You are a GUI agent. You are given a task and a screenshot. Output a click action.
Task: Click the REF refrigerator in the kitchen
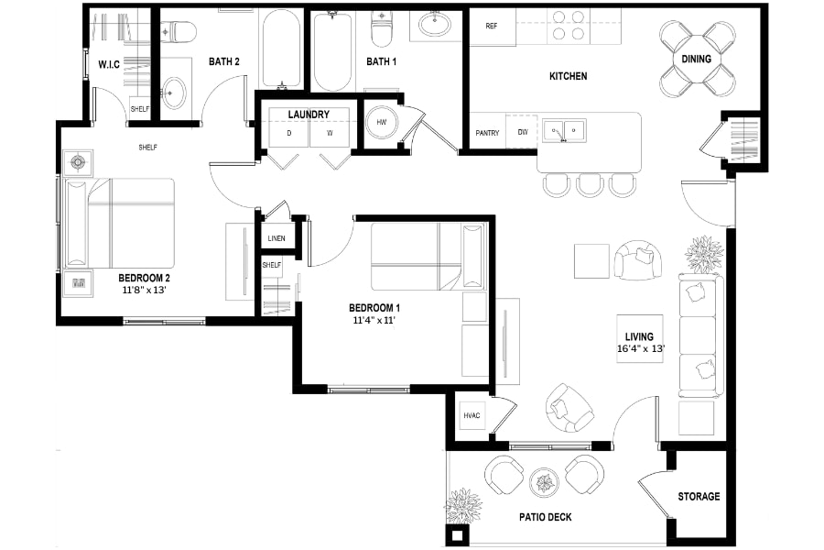pyautogui.click(x=493, y=27)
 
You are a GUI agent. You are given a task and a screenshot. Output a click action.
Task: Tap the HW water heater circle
pyautogui.click(x=382, y=122)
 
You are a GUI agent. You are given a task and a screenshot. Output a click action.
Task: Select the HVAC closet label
pyautogui.click(x=472, y=416)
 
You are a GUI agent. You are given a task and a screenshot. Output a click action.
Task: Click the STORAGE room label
pyautogui.click(x=699, y=496)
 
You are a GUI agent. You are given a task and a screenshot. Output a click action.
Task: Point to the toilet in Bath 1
pyautogui.click(x=381, y=29)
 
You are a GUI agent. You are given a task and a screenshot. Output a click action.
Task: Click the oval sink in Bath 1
pyautogui.click(x=434, y=23)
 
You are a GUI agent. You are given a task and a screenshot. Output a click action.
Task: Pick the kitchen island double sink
pyautogui.click(x=564, y=131)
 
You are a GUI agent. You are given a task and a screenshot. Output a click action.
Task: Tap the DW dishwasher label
pyautogui.click(x=523, y=132)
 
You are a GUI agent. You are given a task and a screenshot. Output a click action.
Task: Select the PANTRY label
pyautogui.click(x=487, y=133)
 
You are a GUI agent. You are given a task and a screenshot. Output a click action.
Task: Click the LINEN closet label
pyautogui.click(x=276, y=238)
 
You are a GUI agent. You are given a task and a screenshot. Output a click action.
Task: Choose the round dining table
pyautogui.click(x=697, y=59)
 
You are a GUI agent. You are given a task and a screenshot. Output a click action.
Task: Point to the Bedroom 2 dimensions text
pyautogui.click(x=144, y=290)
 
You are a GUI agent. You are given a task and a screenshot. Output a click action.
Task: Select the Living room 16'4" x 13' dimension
pyautogui.click(x=641, y=348)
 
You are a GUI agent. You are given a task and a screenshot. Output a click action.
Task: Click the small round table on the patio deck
pyautogui.click(x=545, y=482)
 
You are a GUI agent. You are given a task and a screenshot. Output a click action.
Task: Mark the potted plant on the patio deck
pyautogui.click(x=463, y=507)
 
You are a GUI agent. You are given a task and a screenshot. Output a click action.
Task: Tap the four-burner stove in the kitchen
pyautogui.click(x=569, y=27)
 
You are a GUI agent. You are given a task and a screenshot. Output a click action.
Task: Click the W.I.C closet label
pyautogui.click(x=109, y=65)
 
